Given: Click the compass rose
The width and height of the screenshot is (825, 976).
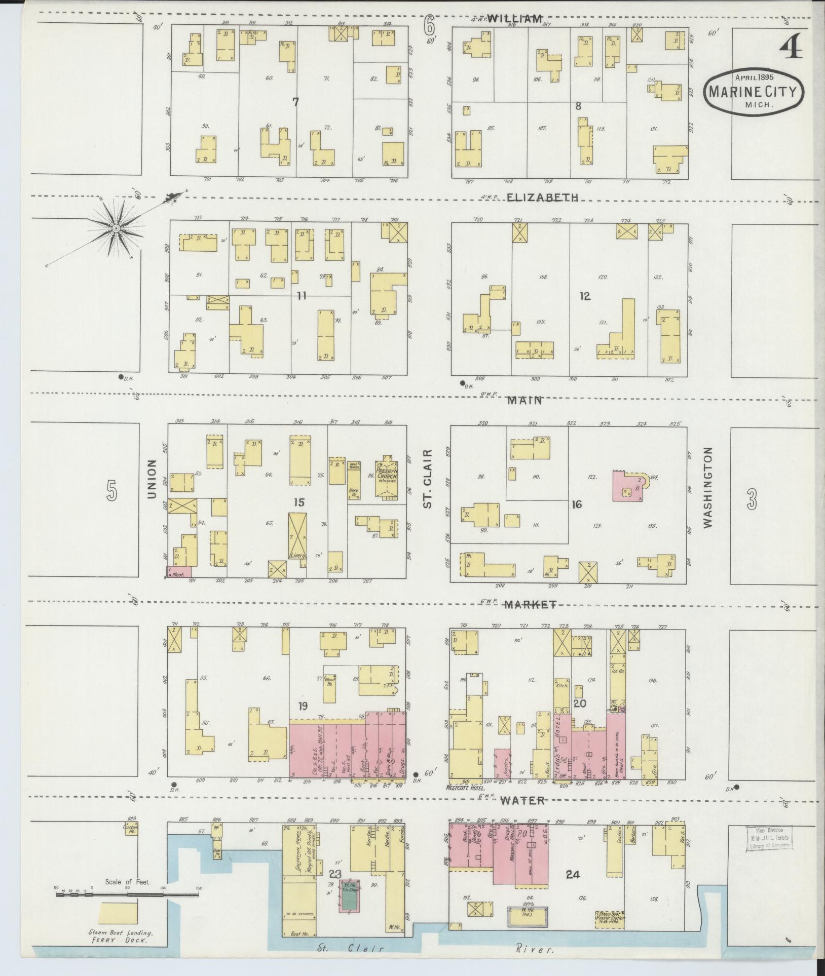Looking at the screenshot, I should coord(116,228).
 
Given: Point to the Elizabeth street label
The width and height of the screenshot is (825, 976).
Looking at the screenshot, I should coord(543,198).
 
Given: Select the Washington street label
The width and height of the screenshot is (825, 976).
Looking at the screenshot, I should coord(708,487).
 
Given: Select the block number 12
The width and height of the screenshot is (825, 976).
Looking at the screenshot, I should coord(585,296).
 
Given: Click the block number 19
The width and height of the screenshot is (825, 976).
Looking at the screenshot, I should coord(304,706).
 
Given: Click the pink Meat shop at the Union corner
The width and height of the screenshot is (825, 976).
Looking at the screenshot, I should coord(179,571).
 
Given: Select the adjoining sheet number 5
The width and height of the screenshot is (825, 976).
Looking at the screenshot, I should coord(112,491).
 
